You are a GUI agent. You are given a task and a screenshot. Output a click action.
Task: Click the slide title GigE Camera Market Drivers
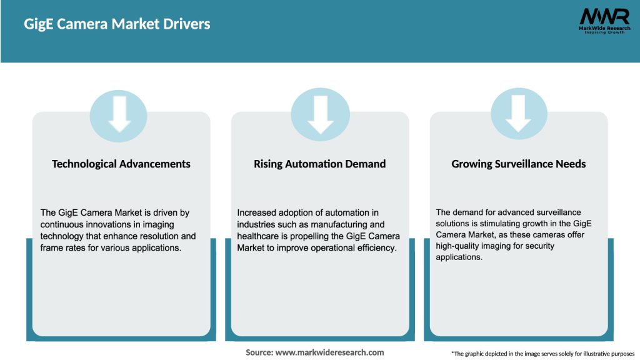tap(117, 24)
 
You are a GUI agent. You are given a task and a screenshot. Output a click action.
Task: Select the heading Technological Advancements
tap(121, 164)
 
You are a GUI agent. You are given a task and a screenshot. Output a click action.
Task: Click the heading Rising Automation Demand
tap(319, 164)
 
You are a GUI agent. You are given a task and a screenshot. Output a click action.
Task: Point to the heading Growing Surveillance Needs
tap(519, 164)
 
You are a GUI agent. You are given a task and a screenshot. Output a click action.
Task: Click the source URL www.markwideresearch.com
tap(329, 352)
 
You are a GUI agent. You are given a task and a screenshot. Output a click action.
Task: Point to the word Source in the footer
tap(259, 352)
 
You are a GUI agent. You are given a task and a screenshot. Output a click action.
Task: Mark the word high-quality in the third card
tap(459, 246)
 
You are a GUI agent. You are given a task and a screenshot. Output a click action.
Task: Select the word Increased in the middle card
tap(257, 213)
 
